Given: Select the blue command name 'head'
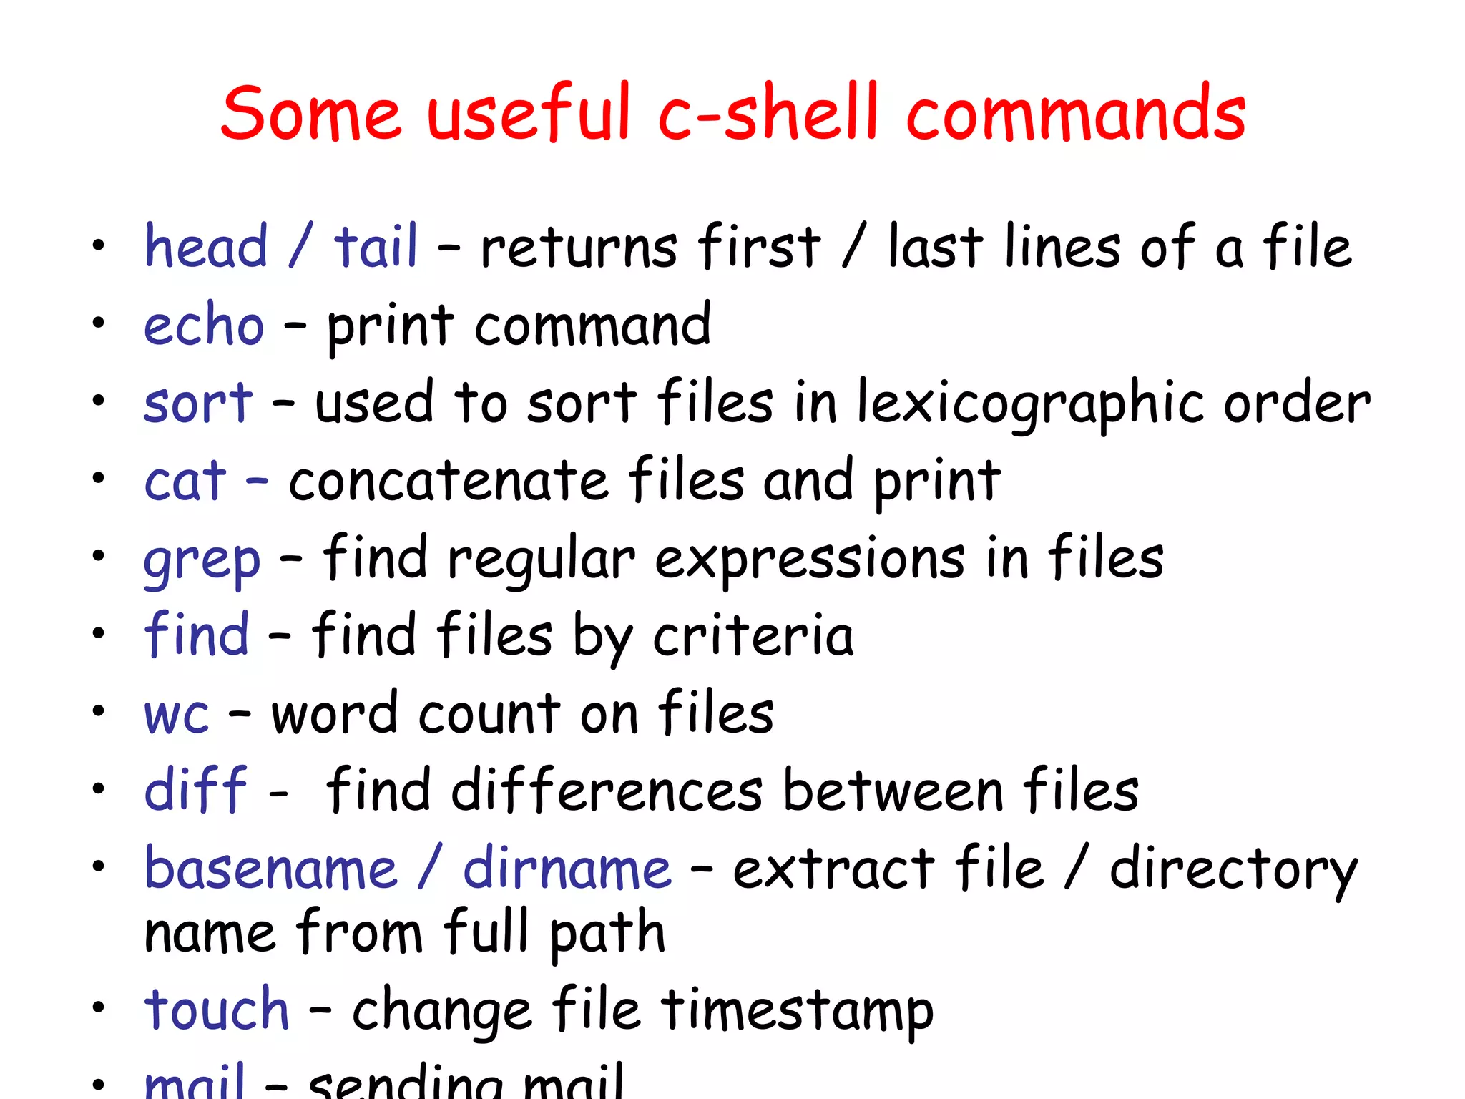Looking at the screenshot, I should click(206, 247).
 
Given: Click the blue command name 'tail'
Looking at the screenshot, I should click(376, 247).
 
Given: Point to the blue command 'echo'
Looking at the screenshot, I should click(204, 326).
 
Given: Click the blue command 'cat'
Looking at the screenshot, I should click(185, 481).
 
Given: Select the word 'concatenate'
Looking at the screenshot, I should click(449, 481).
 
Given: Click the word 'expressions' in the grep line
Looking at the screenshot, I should click(810, 560).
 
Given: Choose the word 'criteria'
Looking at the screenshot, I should click(753, 636).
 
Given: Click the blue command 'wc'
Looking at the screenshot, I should click(177, 715).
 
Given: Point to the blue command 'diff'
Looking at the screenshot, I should click(195, 791).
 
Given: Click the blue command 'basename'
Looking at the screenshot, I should click(270, 869).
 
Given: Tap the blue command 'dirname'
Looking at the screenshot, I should click(567, 869).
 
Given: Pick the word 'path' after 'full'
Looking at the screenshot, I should click(607, 934).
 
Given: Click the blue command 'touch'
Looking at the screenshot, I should click(217, 1010).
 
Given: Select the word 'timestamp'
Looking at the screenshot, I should click(796, 1011).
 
